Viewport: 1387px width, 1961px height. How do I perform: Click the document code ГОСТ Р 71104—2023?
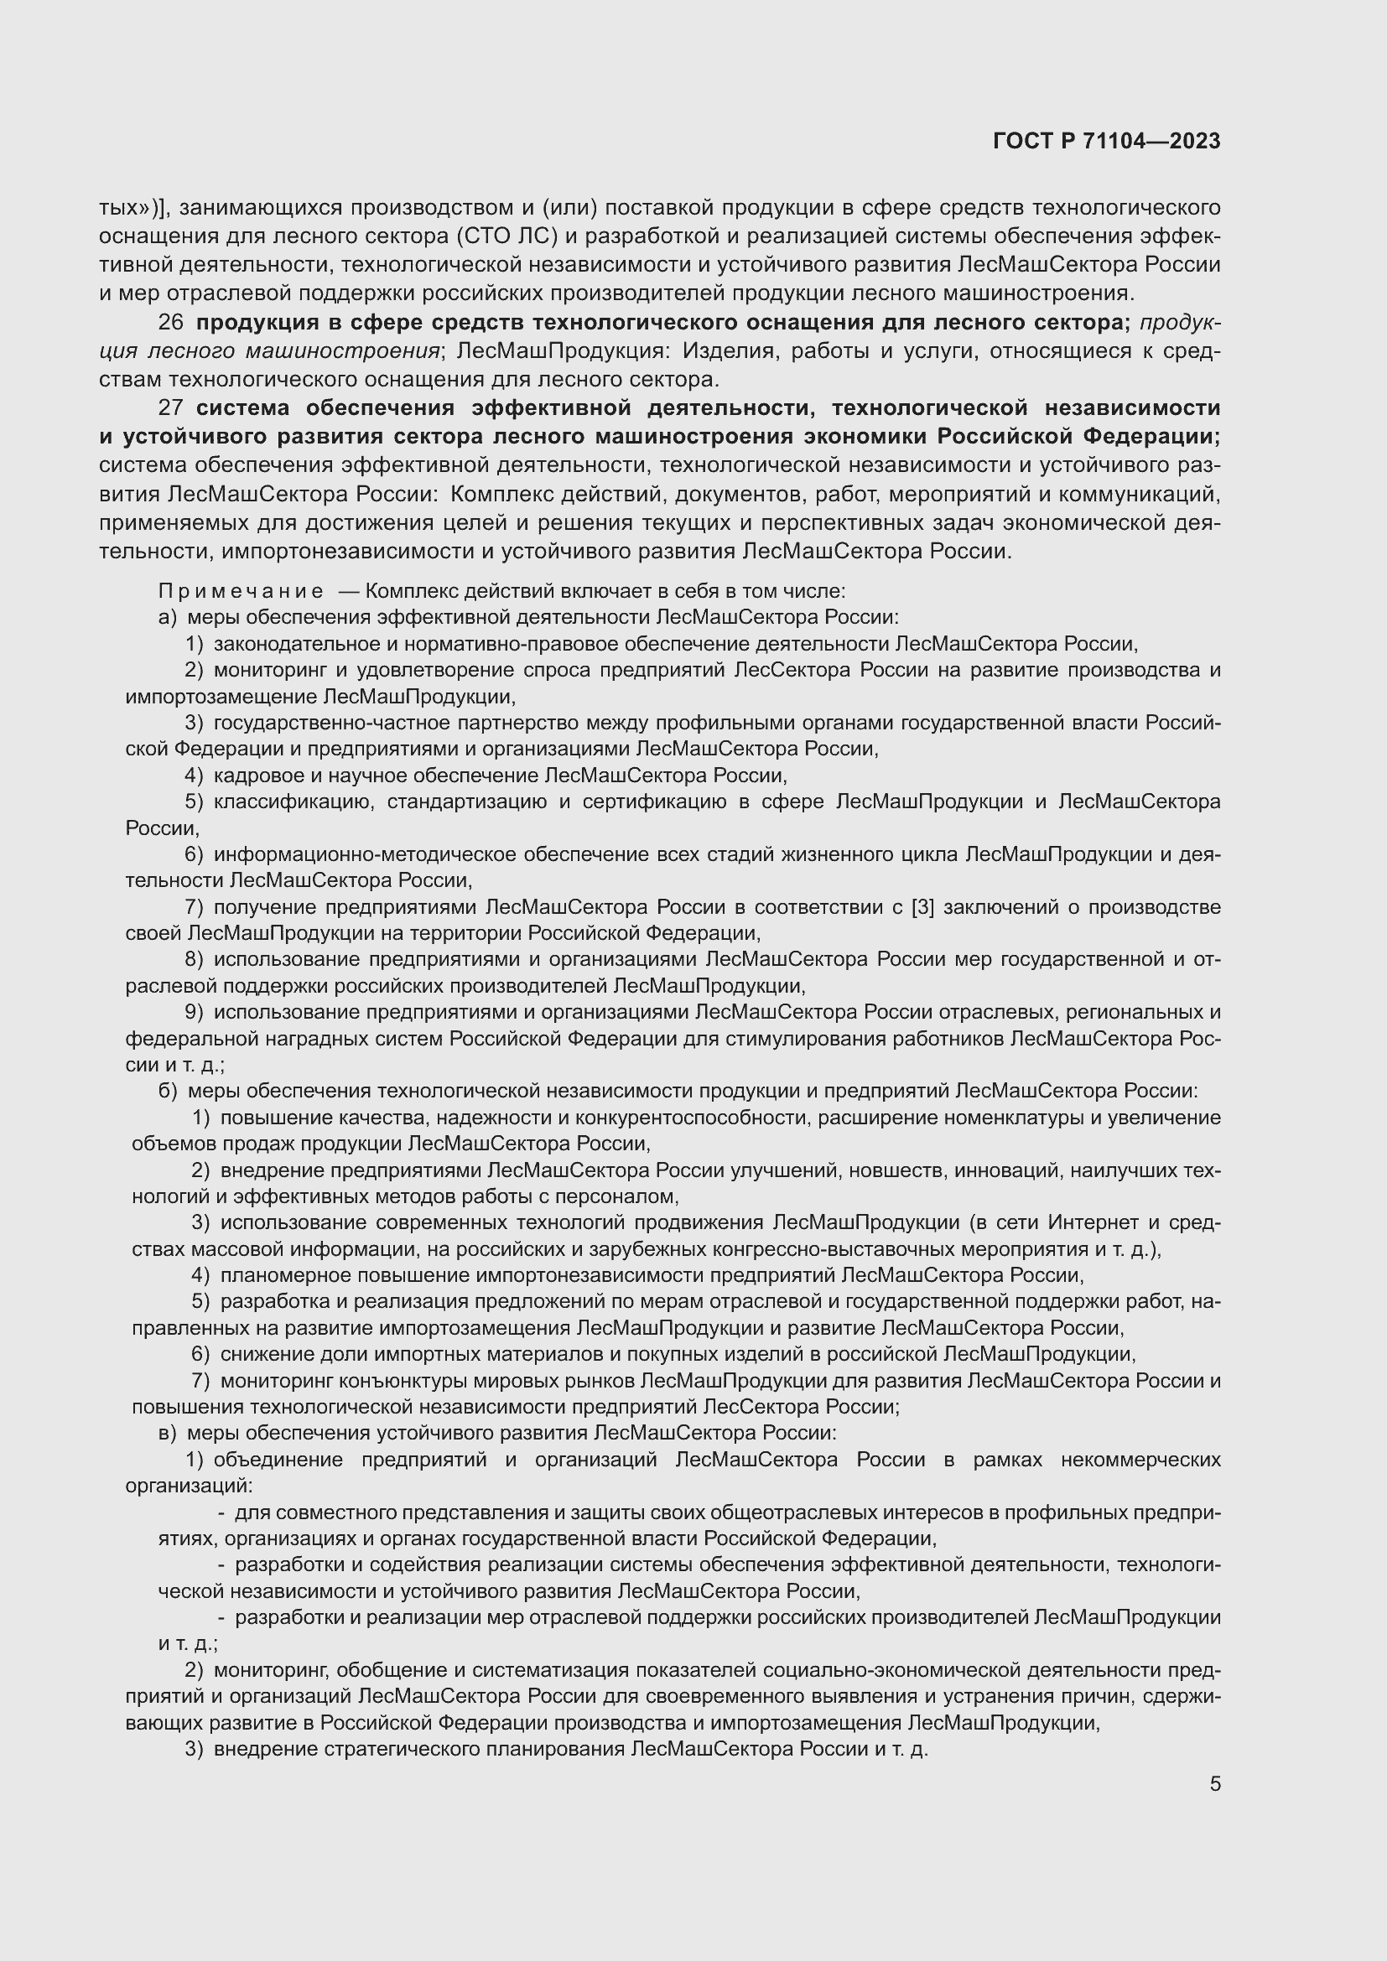click(x=1106, y=142)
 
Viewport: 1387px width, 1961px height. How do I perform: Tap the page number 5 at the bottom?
click(x=1214, y=1784)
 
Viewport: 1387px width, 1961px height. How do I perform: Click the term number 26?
click(x=171, y=323)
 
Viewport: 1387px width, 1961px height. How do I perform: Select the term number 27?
click(x=171, y=408)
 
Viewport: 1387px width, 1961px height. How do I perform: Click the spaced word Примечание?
click(x=241, y=591)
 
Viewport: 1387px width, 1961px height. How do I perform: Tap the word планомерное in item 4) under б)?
click(x=274, y=1275)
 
